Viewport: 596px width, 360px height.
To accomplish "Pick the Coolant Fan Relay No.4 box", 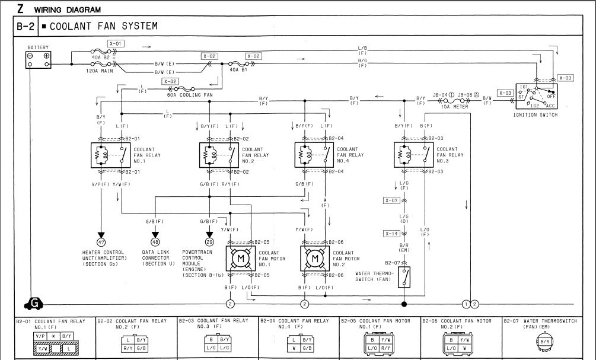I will [x=314, y=155].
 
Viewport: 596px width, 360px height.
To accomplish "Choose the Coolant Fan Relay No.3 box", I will [x=413, y=155].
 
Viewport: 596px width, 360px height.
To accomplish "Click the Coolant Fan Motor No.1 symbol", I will [x=240, y=259].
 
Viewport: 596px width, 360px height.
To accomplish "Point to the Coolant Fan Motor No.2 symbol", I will [x=315, y=259].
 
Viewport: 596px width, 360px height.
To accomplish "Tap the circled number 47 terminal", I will [x=101, y=241].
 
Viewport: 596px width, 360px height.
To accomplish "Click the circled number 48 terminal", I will [x=155, y=241].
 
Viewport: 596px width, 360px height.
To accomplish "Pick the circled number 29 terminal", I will [x=209, y=241].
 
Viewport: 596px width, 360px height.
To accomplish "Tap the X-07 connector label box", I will [x=391, y=201].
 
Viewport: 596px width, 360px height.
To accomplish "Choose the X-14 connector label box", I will [x=391, y=234].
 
